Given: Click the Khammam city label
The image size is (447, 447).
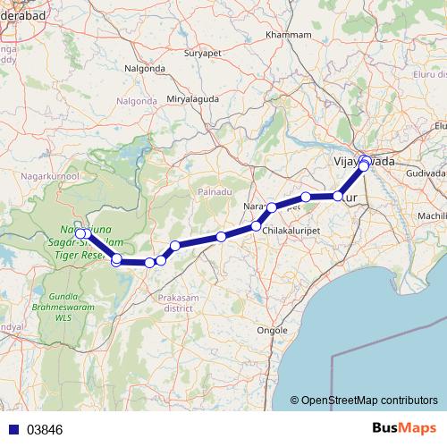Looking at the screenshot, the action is pyautogui.click(x=289, y=35).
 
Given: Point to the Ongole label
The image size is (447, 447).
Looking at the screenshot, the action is pyautogui.click(x=272, y=330).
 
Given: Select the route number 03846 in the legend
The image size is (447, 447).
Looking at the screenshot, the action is pyautogui.click(x=45, y=429).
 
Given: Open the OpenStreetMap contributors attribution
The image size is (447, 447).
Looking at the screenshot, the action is pyautogui.click(x=369, y=401).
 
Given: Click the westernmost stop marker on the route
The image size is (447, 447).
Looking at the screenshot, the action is pyautogui.click(x=80, y=235).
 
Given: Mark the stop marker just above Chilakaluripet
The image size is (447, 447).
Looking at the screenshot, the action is pyautogui.click(x=256, y=226).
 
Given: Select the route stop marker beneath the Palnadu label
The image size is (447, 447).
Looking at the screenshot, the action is pyautogui.click(x=220, y=237).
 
